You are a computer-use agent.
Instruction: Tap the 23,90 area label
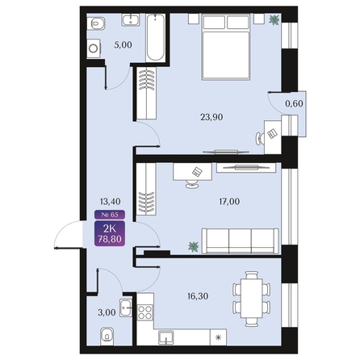coord(211,115)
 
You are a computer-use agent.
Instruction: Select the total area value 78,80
coord(111,239)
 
